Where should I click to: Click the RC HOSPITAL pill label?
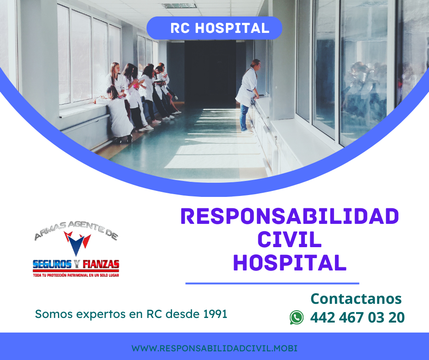click(214, 28)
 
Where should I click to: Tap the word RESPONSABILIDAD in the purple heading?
click(290, 217)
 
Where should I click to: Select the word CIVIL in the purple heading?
click(289, 239)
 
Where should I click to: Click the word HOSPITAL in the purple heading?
click(290, 263)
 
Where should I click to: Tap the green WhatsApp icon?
click(297, 318)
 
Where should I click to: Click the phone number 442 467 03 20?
click(357, 318)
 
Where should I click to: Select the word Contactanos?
click(356, 299)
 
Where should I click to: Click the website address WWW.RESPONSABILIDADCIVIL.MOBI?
click(214, 348)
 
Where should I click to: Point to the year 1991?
click(215, 314)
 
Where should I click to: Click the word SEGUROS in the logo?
click(52, 264)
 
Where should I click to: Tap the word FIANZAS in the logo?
click(101, 264)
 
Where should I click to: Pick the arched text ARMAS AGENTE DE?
click(76, 230)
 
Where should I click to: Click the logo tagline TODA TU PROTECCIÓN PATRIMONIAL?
click(76, 275)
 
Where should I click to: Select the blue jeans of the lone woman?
click(244, 118)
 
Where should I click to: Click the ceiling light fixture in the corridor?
click(179, 6)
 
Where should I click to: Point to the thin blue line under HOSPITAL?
click(272, 283)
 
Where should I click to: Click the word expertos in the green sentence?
click(101, 314)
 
